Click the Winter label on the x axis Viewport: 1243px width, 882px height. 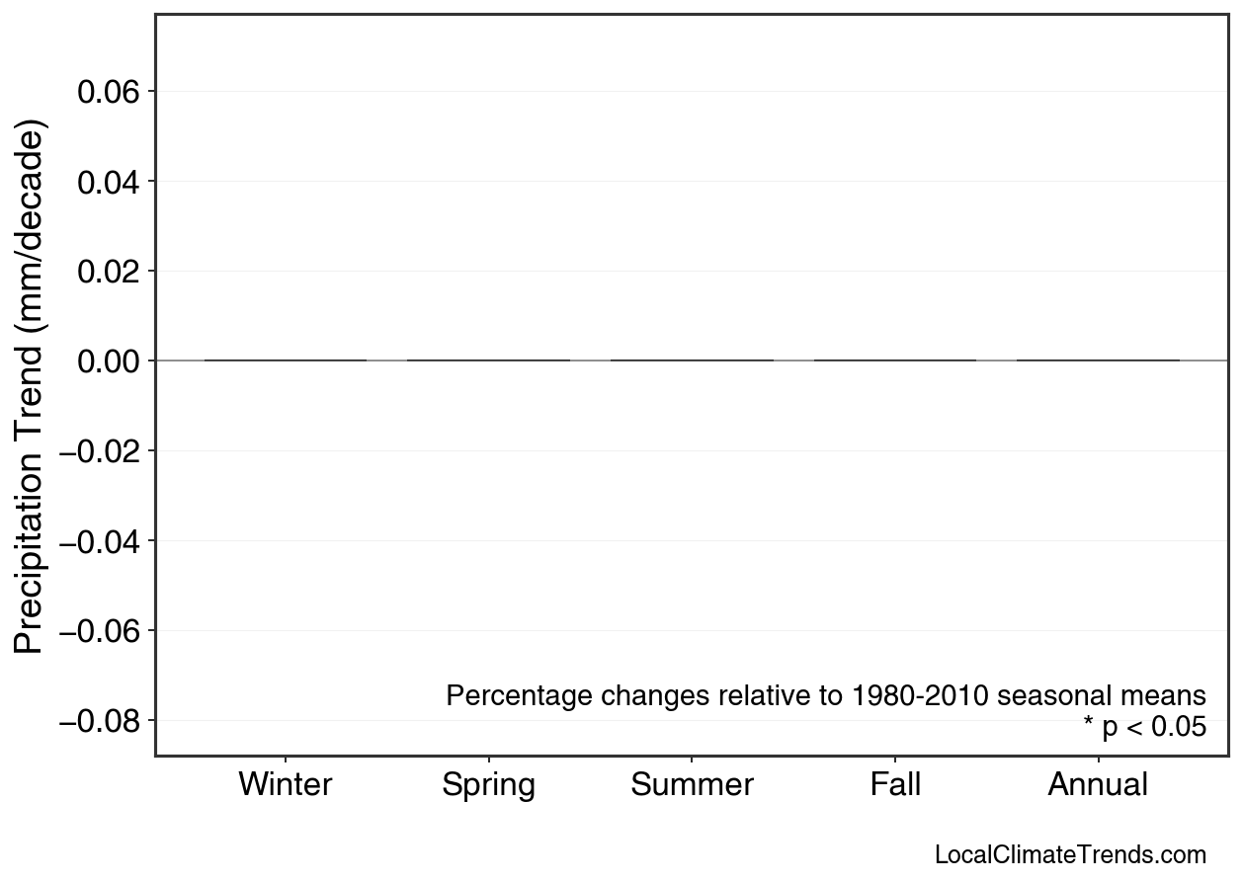coord(286,785)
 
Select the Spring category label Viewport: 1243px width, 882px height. coord(488,785)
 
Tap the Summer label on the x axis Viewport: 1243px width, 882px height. coord(692,785)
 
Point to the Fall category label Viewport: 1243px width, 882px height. coord(895,785)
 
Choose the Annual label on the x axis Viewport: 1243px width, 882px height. coord(1098,785)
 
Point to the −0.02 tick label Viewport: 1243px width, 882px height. coord(102,451)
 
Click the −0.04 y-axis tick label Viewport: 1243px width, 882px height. coord(102,541)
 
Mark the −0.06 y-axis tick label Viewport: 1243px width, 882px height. coord(102,631)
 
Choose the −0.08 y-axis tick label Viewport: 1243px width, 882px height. coord(102,721)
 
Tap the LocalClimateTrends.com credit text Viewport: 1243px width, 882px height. coord(1070,855)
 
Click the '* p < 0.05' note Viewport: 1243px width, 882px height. coord(1144,728)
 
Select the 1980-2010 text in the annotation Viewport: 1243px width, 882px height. coord(921,696)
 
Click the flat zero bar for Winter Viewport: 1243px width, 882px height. coord(286,361)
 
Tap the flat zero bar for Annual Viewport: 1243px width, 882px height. coord(1098,361)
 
